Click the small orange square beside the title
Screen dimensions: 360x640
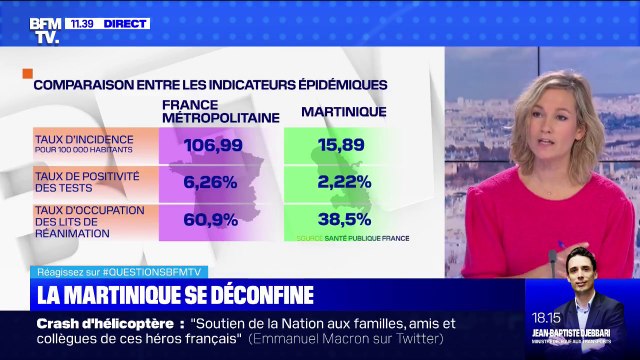coord(27,73)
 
